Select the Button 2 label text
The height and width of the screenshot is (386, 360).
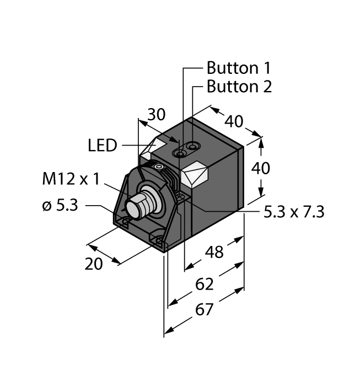click(x=239, y=87)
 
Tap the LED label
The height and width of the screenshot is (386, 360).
click(x=103, y=146)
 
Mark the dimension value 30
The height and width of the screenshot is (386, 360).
click(x=156, y=115)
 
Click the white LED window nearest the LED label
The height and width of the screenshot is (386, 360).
click(x=153, y=148)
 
